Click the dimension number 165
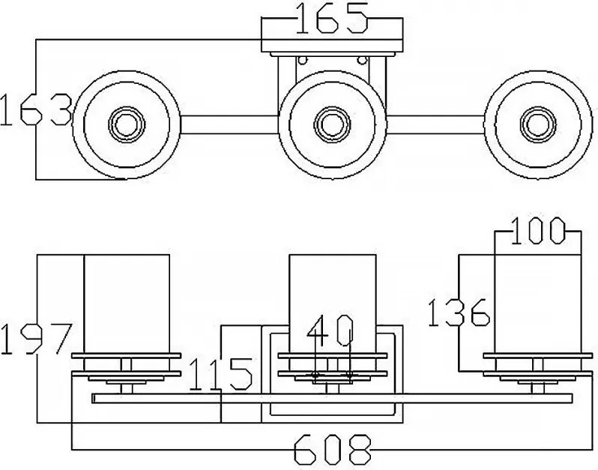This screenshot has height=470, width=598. [331, 18]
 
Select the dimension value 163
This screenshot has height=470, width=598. [36, 110]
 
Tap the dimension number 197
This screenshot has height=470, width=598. [36, 339]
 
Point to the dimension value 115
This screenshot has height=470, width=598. [221, 374]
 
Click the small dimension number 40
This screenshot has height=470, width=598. [330, 331]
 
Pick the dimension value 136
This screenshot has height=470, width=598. [459, 313]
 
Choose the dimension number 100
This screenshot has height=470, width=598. [537, 231]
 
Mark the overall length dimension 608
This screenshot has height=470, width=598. [332, 450]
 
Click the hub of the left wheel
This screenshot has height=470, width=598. [127, 124]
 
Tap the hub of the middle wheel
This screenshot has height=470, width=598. [332, 124]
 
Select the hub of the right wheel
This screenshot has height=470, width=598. [538, 124]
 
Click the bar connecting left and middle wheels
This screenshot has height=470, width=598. [229, 124]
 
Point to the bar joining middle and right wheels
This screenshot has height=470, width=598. [435, 124]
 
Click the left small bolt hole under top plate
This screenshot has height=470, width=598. [303, 60]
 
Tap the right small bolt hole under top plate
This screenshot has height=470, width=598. [362, 60]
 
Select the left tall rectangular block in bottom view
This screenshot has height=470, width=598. [127, 304]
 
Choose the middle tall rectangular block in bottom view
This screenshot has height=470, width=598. [333, 304]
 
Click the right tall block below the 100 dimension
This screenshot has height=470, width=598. [538, 304]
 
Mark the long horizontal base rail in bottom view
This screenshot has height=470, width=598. [332, 398]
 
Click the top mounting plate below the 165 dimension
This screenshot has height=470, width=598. [332, 46]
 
